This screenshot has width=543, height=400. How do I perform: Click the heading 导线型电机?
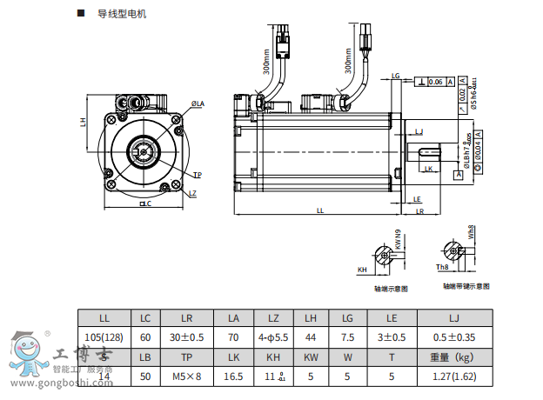click(123, 14)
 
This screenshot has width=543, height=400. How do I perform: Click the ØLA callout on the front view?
click(198, 104)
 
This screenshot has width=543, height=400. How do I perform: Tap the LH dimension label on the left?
click(83, 122)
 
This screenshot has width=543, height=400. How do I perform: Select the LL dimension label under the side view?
click(319, 210)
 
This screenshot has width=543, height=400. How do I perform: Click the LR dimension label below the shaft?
click(419, 210)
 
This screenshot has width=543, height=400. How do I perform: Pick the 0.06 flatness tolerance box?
click(435, 81)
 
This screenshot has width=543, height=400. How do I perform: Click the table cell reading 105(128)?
click(104, 337)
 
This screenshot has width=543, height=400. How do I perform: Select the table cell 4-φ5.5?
click(273, 337)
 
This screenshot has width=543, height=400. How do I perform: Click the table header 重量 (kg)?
click(452, 356)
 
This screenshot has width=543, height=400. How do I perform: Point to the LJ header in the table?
click(452, 317)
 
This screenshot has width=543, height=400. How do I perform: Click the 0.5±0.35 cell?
click(452, 337)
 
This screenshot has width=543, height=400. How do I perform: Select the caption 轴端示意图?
click(391, 288)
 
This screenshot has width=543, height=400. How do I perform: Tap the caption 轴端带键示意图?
click(466, 285)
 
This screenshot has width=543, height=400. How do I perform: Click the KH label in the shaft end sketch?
click(361, 270)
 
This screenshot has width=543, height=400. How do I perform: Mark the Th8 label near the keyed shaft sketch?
click(442, 267)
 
